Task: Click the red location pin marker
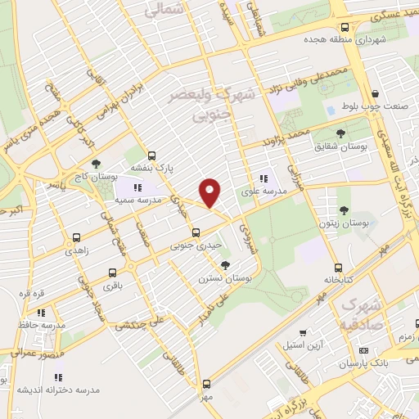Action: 210,192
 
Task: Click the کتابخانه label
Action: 336,279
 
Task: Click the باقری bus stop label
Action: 111,287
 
